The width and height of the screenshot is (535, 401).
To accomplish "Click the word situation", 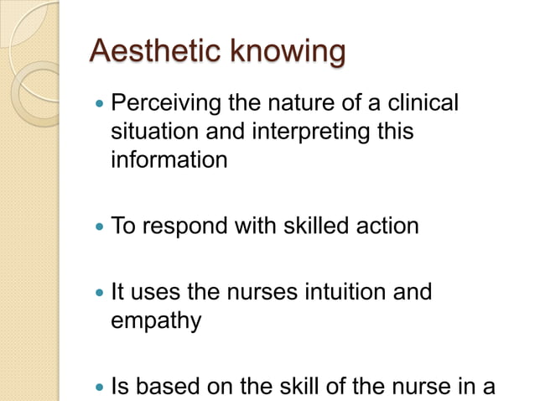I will (151, 132).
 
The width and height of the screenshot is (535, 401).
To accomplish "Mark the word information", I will (169, 159).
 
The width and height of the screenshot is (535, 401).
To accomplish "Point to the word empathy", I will (156, 321).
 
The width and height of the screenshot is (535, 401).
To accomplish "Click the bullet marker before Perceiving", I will (101, 106).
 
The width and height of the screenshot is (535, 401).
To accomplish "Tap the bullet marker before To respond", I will (101, 227).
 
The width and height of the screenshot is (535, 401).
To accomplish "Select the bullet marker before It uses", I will (101, 294).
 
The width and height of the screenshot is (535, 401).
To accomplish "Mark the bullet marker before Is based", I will (101, 388).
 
